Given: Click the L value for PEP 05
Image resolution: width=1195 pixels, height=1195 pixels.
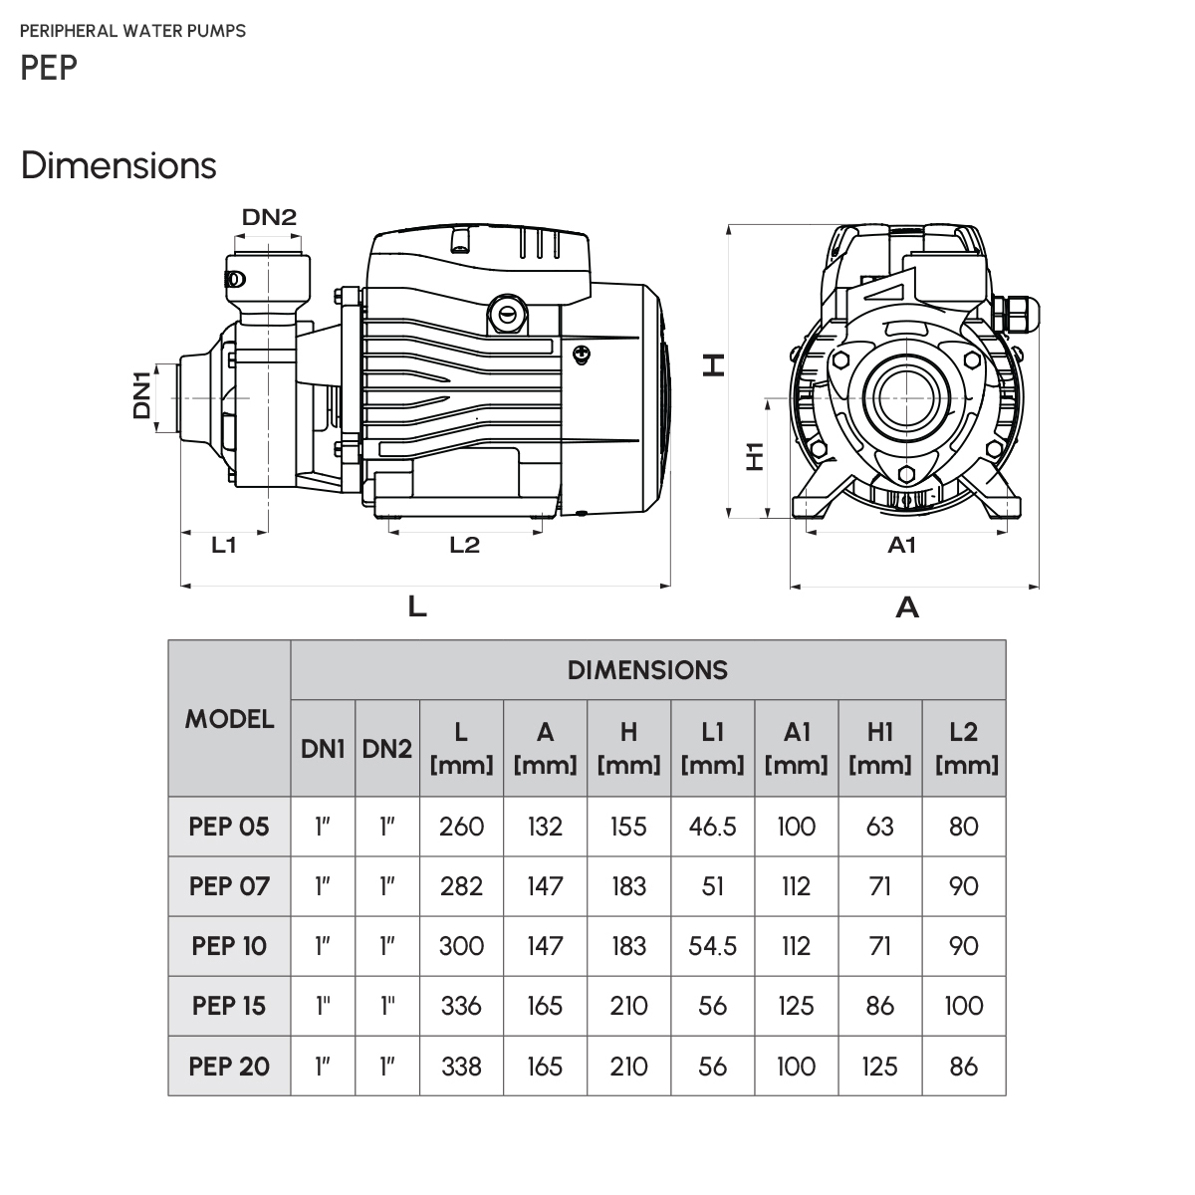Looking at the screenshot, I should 461,827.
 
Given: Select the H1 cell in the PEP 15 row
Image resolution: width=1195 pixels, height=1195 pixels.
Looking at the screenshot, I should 879,1006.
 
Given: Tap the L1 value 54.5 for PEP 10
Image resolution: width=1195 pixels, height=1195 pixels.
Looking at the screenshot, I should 712,946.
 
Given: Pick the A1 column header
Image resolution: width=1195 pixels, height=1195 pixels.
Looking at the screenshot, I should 796,748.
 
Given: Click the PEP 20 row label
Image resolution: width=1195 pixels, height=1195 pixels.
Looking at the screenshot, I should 229,1066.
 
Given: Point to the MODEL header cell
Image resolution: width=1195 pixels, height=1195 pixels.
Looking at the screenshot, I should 229,718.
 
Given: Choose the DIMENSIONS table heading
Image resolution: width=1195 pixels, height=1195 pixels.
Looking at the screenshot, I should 647,670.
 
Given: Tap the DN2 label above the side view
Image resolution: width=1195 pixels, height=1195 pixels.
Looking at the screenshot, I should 269,217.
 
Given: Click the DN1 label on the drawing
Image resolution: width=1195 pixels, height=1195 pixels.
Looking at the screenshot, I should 141,394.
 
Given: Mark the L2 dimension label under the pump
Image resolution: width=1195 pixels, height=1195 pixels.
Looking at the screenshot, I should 464,545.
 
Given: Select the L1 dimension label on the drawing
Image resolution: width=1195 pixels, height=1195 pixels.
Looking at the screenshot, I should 224,545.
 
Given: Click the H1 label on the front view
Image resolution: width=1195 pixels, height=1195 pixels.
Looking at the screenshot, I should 754,456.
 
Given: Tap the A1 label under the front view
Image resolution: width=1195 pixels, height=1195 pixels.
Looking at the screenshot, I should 900,545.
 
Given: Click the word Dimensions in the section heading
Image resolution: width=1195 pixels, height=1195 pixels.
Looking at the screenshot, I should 119,165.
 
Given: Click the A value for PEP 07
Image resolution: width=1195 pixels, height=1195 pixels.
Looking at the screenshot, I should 545,886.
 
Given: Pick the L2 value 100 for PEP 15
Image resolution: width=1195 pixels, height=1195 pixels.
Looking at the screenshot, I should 963,1006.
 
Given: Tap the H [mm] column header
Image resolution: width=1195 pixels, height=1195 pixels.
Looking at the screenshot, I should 628,748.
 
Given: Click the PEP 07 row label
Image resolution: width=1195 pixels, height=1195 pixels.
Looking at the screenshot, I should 229,886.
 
